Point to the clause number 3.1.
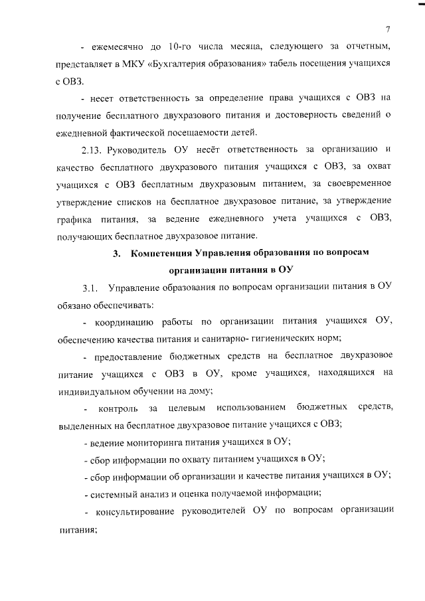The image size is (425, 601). (x=90, y=288)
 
